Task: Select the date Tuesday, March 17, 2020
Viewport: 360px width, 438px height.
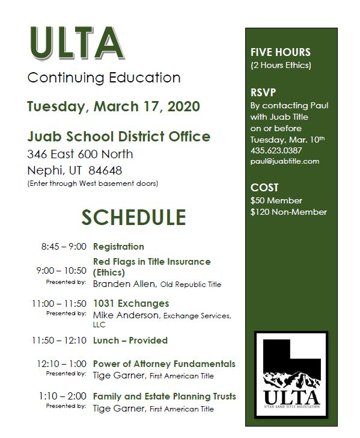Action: (x=114, y=107)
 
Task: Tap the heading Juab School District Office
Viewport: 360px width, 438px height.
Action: (x=118, y=137)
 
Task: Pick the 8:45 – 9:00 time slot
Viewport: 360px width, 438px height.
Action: (x=64, y=247)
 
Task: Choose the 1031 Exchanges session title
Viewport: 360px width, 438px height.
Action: (x=131, y=303)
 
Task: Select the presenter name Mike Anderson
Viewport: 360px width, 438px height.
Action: (x=123, y=315)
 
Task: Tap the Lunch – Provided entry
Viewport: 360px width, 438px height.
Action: (x=130, y=341)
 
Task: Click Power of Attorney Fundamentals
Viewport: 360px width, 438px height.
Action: (x=164, y=364)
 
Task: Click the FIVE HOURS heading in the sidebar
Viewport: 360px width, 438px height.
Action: (x=281, y=52)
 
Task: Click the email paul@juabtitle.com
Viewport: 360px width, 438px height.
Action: (x=284, y=161)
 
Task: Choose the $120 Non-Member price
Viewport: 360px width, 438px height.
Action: (x=288, y=212)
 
